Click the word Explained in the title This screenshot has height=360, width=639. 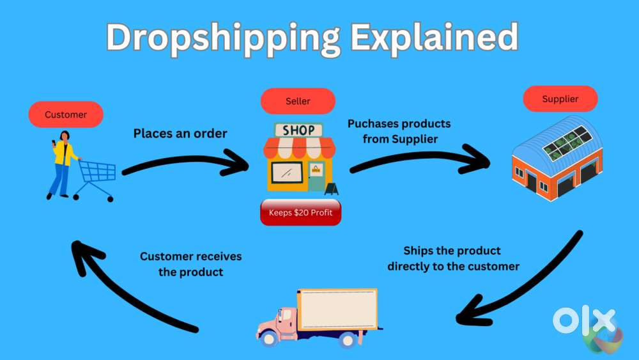click(435, 38)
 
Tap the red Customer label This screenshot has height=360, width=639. click(66, 114)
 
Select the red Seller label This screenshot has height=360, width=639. click(298, 101)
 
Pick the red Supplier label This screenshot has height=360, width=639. click(560, 98)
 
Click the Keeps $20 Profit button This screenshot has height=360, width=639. click(301, 212)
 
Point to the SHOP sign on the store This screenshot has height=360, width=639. click(298, 130)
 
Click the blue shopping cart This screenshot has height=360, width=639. click(95, 180)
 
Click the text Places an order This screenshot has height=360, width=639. click(180, 133)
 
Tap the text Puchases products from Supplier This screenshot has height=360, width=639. click(399, 131)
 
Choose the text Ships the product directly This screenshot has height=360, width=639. click(453, 258)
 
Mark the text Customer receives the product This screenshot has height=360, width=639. click(190, 264)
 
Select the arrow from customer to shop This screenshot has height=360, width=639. click(183, 160)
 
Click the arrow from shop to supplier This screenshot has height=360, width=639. click(420, 157)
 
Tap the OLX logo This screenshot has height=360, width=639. click(587, 326)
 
